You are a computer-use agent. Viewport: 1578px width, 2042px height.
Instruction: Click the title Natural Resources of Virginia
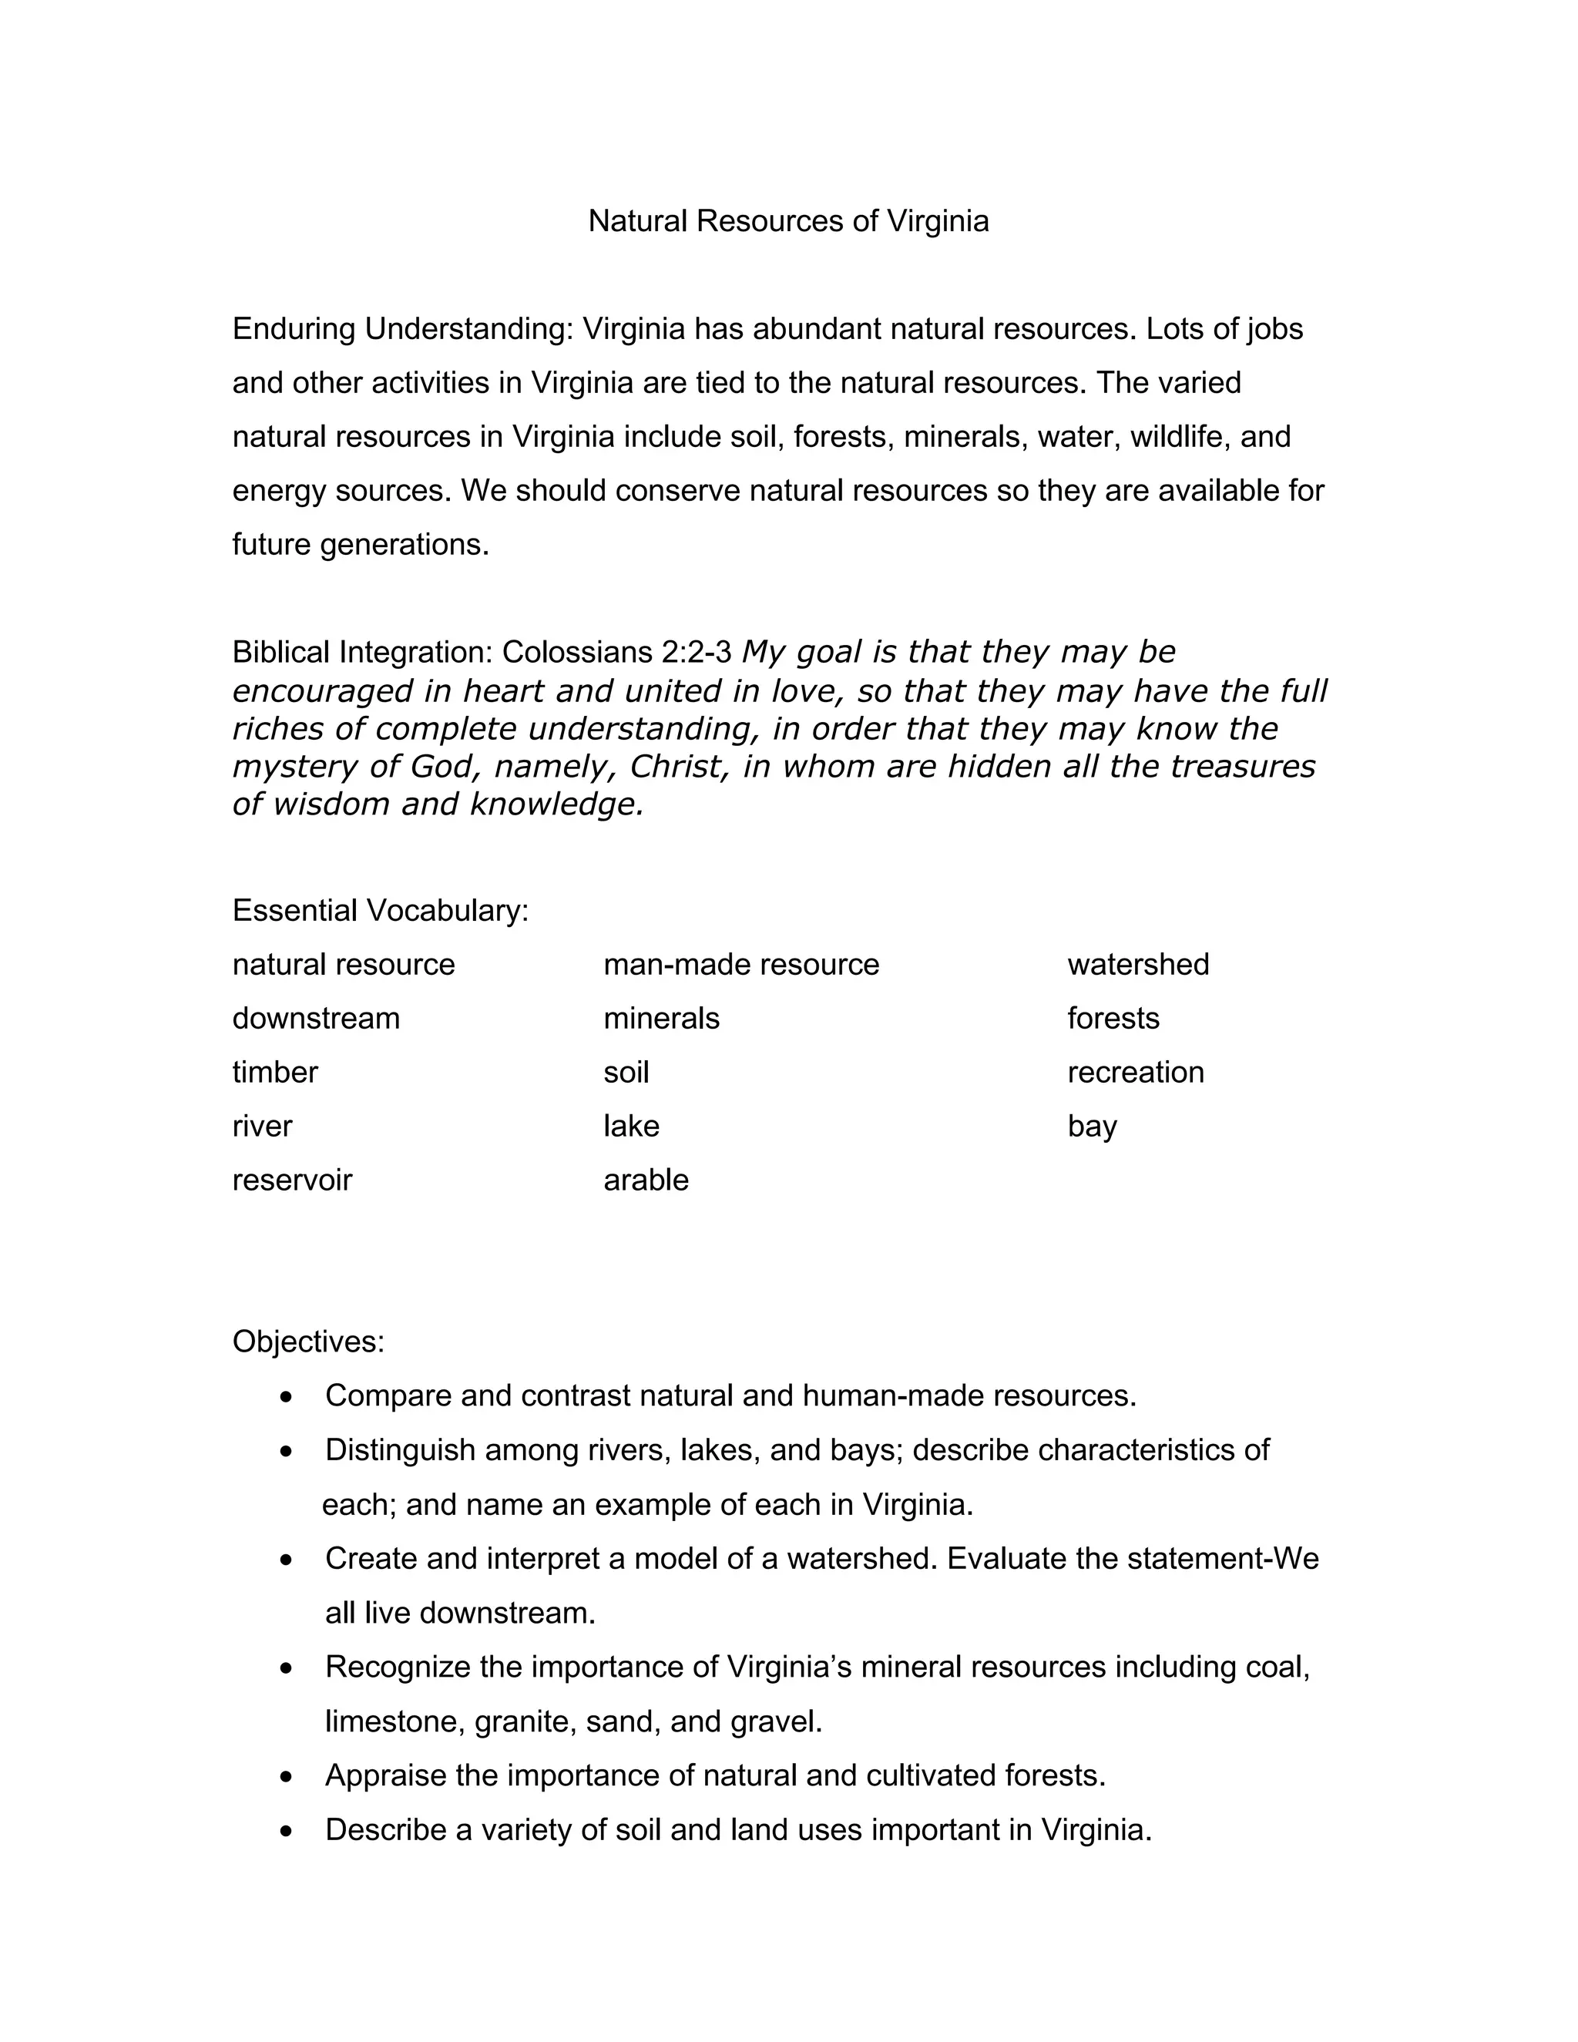(788, 222)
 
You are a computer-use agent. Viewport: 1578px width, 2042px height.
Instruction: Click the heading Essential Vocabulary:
(381, 911)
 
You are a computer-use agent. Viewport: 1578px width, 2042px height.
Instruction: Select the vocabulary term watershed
(1138, 964)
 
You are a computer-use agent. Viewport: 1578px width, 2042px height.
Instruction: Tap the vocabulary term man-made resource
(741, 964)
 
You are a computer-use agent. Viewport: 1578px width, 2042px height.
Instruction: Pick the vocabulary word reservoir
(292, 1180)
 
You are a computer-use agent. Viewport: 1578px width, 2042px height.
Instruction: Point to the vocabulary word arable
(646, 1180)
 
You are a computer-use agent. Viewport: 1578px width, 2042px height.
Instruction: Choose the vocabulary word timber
(275, 1073)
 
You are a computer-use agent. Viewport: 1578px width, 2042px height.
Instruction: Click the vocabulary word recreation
(1135, 1073)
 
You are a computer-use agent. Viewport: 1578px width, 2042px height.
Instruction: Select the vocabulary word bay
(1092, 1127)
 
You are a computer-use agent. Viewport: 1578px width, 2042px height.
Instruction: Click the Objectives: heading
(308, 1342)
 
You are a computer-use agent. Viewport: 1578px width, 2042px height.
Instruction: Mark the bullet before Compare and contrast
(287, 1398)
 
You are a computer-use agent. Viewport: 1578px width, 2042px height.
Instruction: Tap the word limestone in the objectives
(394, 1721)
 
